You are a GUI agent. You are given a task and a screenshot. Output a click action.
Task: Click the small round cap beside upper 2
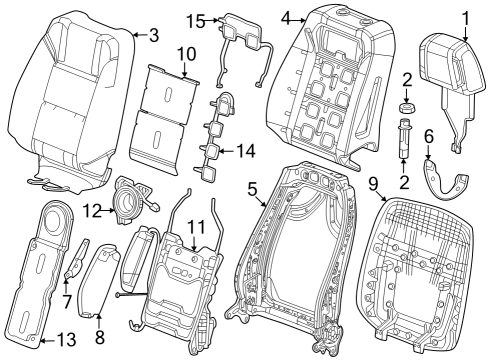[x=408, y=106]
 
